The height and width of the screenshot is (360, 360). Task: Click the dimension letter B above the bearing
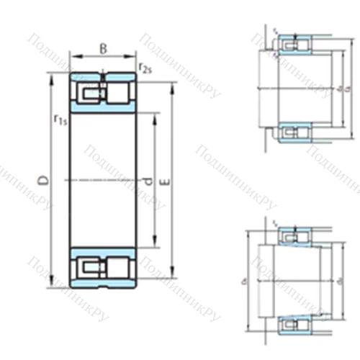(x=103, y=49)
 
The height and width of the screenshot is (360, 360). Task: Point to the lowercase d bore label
(x=148, y=182)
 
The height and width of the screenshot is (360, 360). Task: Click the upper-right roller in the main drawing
(x=118, y=93)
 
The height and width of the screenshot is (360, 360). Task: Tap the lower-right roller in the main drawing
(x=118, y=267)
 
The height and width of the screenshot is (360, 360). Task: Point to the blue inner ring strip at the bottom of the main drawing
(x=103, y=252)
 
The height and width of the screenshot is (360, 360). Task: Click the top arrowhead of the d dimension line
(x=156, y=115)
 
